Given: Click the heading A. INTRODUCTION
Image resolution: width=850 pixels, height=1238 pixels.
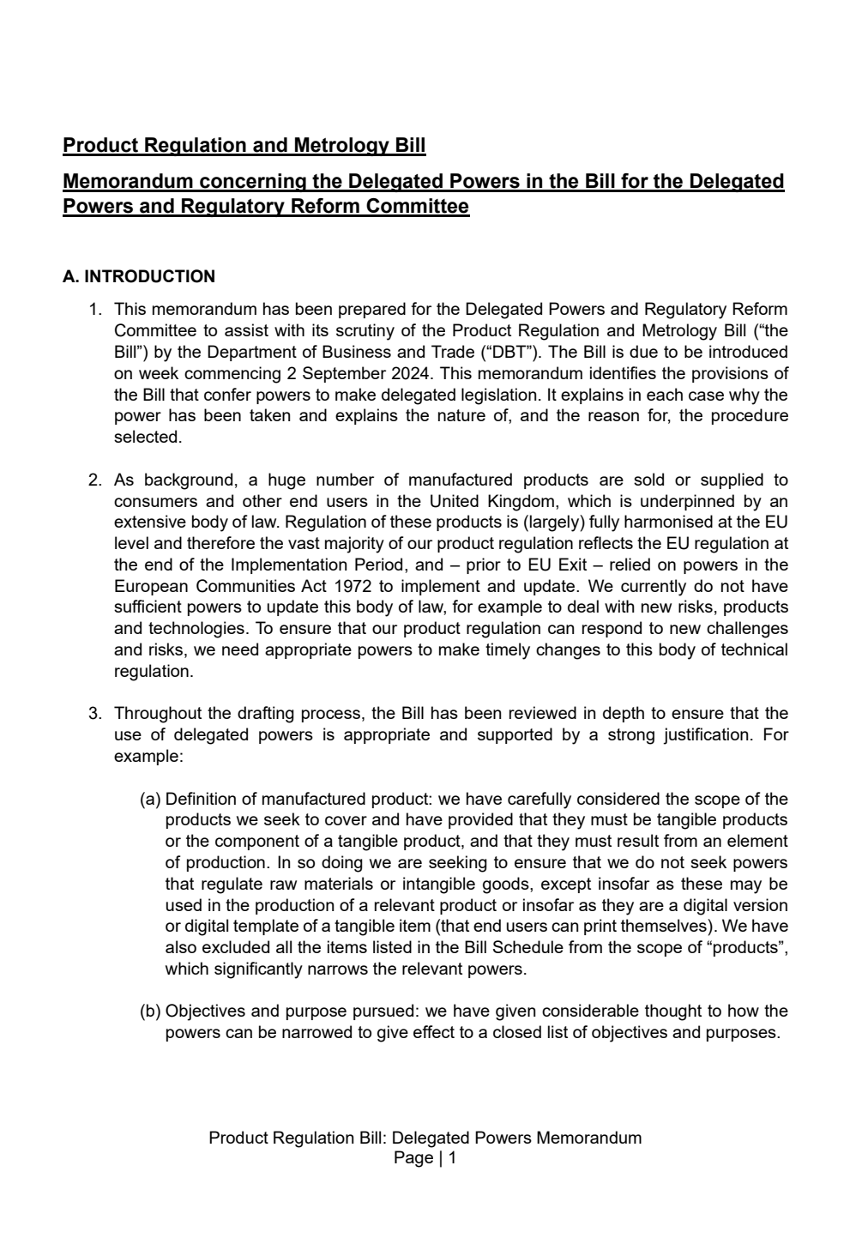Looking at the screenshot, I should coord(139,277).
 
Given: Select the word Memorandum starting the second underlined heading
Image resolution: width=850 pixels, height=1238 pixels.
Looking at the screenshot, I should coord(127,182).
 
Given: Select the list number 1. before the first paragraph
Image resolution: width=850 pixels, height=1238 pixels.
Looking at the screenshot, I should coord(96,309).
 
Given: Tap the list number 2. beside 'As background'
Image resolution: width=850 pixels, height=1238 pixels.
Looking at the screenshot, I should coord(96,480).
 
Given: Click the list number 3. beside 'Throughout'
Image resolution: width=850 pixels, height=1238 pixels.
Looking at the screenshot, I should coord(96,714).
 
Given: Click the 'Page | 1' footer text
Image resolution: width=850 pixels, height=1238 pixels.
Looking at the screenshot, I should coord(425,1158).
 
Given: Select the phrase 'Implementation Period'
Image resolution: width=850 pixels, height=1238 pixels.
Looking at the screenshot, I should coord(312,565).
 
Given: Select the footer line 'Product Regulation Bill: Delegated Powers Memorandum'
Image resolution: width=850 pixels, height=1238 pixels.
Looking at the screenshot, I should coord(425,1138).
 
